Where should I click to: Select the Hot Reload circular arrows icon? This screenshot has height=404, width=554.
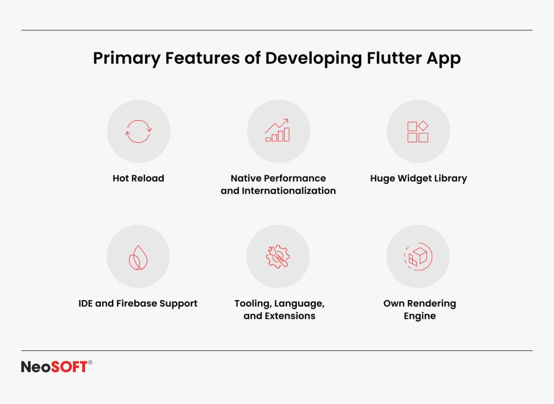click(138, 131)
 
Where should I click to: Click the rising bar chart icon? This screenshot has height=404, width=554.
click(278, 131)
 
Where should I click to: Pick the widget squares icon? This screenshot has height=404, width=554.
click(418, 131)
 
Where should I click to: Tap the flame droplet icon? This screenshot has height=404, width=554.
click(138, 256)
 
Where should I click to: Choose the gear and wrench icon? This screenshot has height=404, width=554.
click(278, 256)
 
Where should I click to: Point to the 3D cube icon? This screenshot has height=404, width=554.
click(418, 256)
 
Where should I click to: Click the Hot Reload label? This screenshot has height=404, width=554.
click(138, 178)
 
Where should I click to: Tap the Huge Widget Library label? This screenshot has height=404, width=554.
click(418, 178)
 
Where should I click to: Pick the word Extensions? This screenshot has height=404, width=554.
click(289, 316)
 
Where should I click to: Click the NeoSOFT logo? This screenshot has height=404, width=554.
click(54, 367)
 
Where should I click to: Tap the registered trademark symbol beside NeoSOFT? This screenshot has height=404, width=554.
click(90, 363)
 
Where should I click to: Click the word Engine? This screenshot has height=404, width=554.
click(419, 316)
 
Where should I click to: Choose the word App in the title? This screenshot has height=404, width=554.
click(446, 59)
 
